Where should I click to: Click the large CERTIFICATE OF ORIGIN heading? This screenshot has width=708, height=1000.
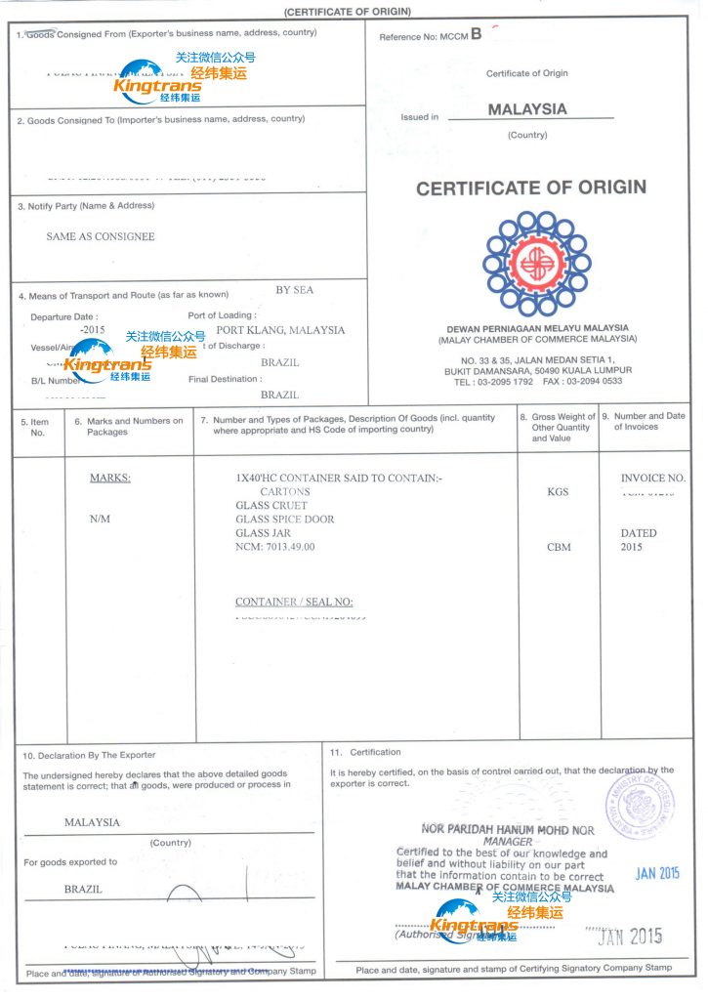(x=531, y=187)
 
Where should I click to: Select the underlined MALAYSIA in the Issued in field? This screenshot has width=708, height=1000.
(x=527, y=109)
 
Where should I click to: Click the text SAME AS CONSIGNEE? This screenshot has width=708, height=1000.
(x=101, y=236)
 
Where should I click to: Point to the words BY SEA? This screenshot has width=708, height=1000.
(x=295, y=290)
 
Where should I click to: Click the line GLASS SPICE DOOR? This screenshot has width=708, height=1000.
(x=285, y=520)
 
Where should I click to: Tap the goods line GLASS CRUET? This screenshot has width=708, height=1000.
(x=271, y=506)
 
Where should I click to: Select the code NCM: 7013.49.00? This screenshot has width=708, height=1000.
(x=275, y=547)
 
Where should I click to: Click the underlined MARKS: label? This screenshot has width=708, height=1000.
(x=110, y=479)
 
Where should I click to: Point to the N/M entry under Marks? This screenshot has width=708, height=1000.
(x=100, y=520)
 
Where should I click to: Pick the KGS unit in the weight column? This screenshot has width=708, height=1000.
(x=559, y=492)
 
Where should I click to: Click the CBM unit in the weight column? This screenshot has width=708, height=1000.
(x=559, y=548)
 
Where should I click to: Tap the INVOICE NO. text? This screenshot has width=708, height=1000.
(x=653, y=479)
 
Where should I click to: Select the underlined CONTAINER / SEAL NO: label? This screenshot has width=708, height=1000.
(x=294, y=603)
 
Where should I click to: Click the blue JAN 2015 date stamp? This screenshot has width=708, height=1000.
(x=657, y=873)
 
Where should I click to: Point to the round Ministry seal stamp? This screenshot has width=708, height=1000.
(x=641, y=803)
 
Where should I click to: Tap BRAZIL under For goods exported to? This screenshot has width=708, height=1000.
(x=83, y=890)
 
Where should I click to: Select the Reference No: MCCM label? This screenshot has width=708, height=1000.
(x=431, y=36)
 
